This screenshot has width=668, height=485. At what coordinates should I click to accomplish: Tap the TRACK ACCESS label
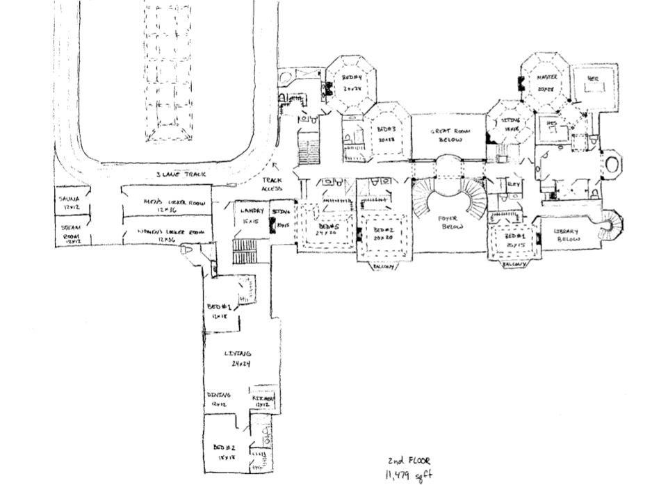[x=272, y=184]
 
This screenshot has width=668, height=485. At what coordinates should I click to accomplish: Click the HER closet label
[x=593, y=79]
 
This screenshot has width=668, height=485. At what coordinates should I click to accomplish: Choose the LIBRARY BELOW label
[x=567, y=235]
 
